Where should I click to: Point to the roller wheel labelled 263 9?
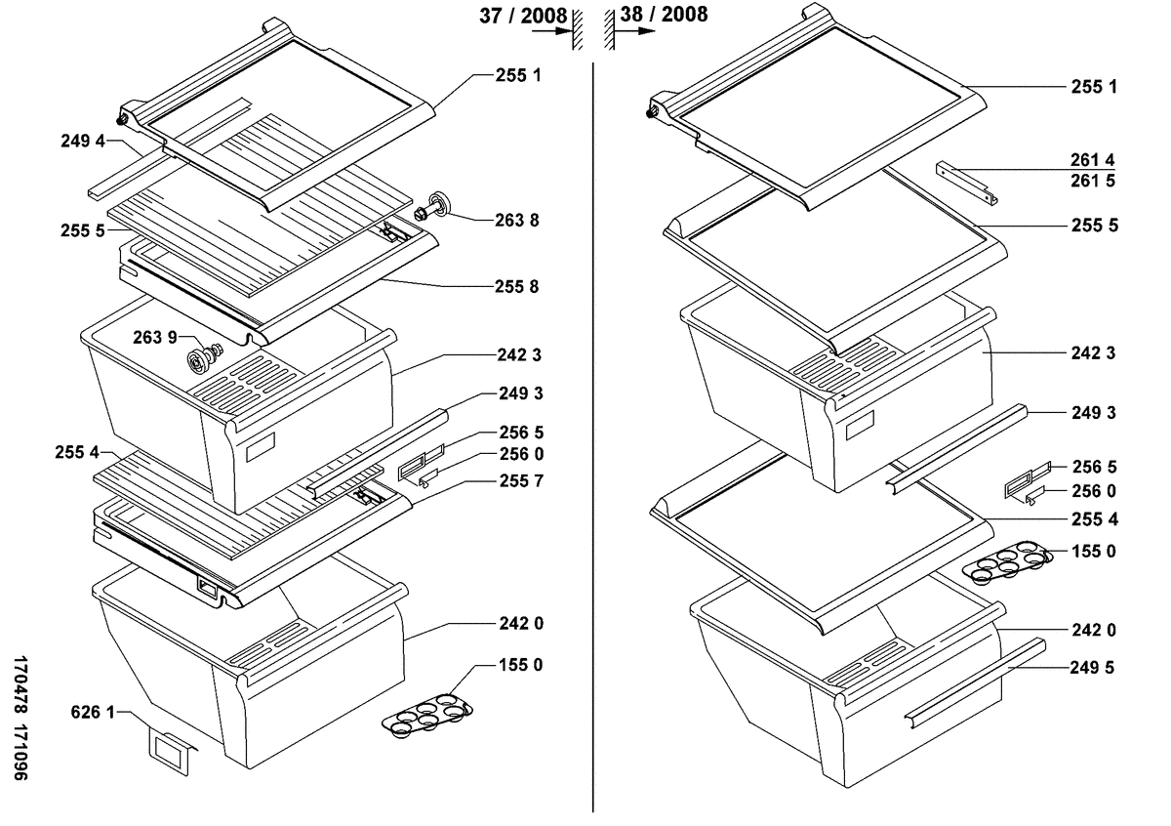click(x=202, y=358)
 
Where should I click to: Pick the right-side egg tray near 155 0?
click(x=1005, y=562)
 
